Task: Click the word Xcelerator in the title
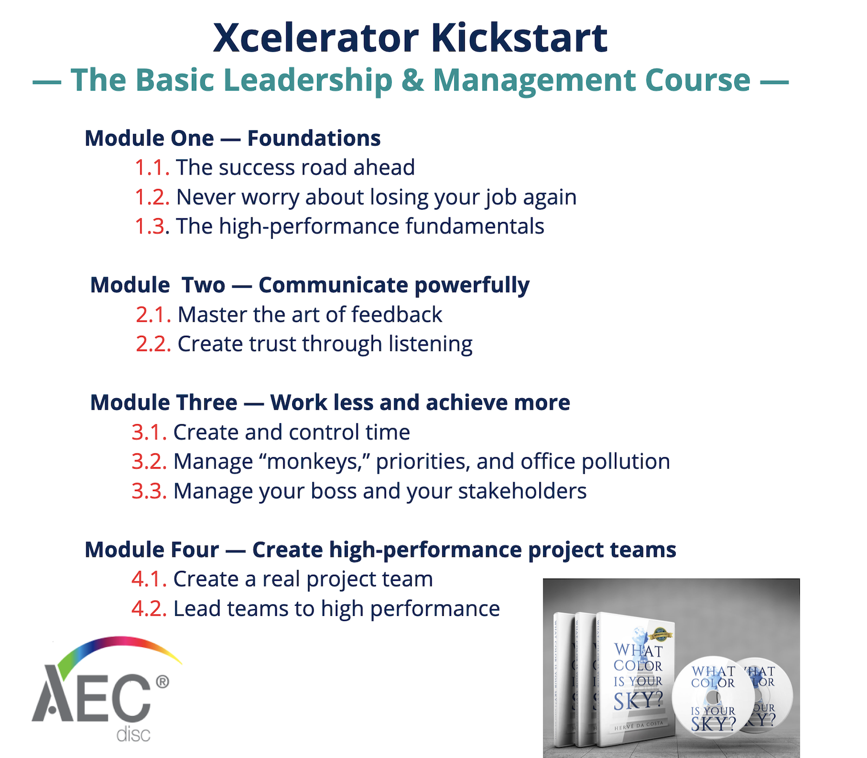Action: (316, 38)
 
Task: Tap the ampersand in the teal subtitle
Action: (412, 80)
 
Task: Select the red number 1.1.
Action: (152, 168)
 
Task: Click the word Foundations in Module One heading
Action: (314, 139)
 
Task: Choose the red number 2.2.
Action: (153, 344)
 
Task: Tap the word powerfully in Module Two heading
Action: (472, 286)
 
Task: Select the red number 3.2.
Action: (149, 462)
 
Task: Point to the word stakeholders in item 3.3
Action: (522, 491)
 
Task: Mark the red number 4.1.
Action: (149, 579)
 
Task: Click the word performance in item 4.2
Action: (435, 609)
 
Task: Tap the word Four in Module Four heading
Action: (192, 550)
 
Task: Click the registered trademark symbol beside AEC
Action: (162, 682)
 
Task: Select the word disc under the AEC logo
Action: (133, 735)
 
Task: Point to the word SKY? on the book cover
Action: (638, 701)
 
